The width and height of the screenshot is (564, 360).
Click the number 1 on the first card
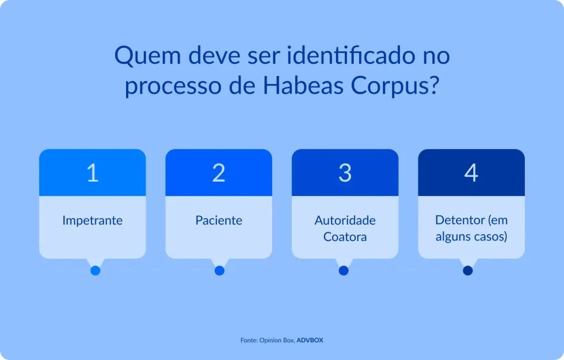click(93, 173)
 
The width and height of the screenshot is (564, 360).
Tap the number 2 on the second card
click(219, 173)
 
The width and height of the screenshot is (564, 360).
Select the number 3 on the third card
click(345, 173)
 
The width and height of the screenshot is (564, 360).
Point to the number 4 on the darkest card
click(471, 173)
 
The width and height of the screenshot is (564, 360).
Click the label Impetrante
click(93, 221)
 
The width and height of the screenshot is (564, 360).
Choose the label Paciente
click(219, 221)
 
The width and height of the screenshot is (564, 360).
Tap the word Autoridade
click(345, 220)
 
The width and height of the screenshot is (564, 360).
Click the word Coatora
click(345, 237)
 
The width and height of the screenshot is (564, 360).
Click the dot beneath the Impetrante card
click(95, 271)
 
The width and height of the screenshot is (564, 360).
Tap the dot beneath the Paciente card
click(219, 271)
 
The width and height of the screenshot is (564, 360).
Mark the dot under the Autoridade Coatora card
click(344, 271)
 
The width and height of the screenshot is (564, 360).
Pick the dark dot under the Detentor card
click(468, 271)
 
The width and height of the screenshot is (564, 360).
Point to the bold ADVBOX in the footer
click(310, 340)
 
